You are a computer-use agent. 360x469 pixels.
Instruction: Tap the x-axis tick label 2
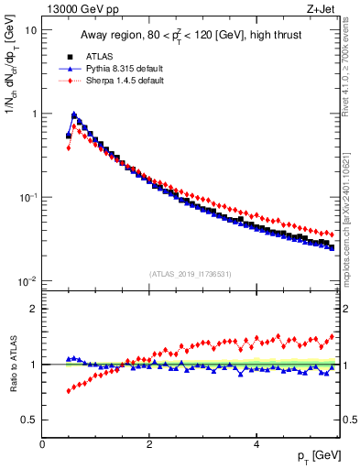coord(149,443)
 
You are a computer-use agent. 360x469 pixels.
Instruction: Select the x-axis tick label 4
coord(256,443)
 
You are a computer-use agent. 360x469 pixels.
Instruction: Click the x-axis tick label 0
coord(43,443)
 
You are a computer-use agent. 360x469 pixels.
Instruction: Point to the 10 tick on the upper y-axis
coord(29,30)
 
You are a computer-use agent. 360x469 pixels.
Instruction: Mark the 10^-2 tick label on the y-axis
coord(27,281)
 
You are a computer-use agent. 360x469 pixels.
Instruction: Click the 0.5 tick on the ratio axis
coord(29,420)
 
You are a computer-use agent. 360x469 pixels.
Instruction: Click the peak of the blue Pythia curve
coord(74,115)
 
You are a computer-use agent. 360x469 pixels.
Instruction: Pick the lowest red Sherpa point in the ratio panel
coord(69,391)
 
